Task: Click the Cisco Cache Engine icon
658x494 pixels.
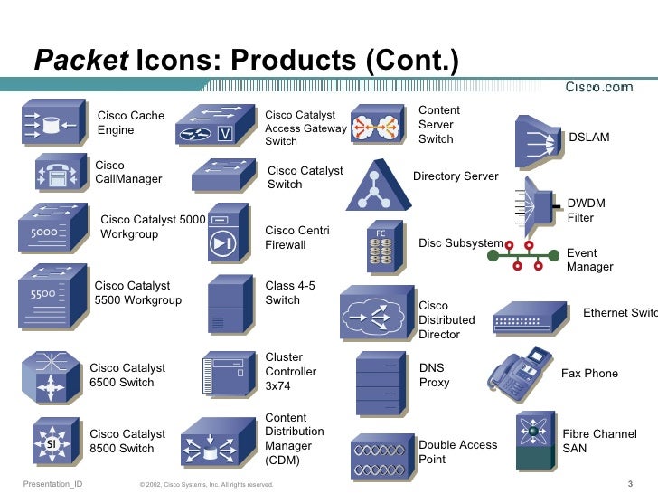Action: (51, 126)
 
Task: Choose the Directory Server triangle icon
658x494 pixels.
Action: (374, 185)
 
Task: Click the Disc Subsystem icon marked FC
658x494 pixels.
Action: (379, 245)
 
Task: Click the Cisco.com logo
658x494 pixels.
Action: (598, 87)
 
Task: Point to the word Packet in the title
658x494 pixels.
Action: (81, 62)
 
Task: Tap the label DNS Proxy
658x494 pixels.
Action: (434, 375)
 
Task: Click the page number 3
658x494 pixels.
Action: (628, 484)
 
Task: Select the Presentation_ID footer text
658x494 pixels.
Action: (52, 484)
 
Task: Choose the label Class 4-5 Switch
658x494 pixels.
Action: (290, 293)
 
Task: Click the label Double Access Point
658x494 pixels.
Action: (458, 451)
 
